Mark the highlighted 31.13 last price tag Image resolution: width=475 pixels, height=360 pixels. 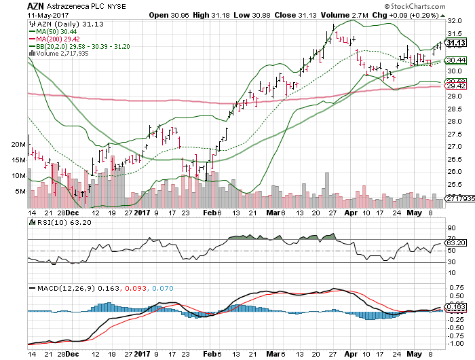pos(456,43)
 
